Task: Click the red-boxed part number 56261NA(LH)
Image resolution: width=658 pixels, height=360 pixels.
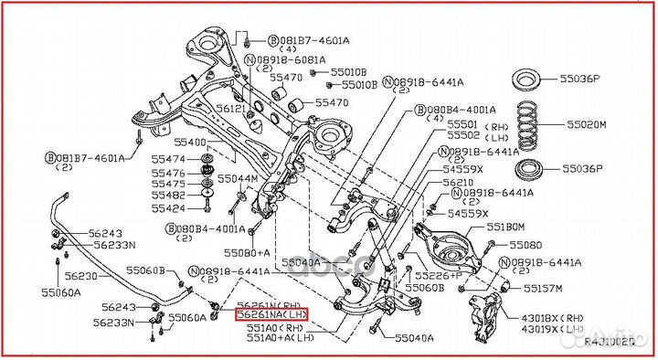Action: coord(271,315)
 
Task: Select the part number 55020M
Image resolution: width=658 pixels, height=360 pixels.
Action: coord(586,123)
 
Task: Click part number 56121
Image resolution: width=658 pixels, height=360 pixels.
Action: coord(233,109)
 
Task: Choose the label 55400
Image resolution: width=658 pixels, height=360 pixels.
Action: coord(190,143)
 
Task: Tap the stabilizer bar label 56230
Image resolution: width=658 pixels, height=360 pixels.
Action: coord(80,276)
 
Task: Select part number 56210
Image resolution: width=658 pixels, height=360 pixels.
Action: coord(459,183)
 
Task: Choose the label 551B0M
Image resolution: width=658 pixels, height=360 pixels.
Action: coord(504,227)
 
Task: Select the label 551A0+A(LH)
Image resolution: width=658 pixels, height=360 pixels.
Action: coord(279,337)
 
